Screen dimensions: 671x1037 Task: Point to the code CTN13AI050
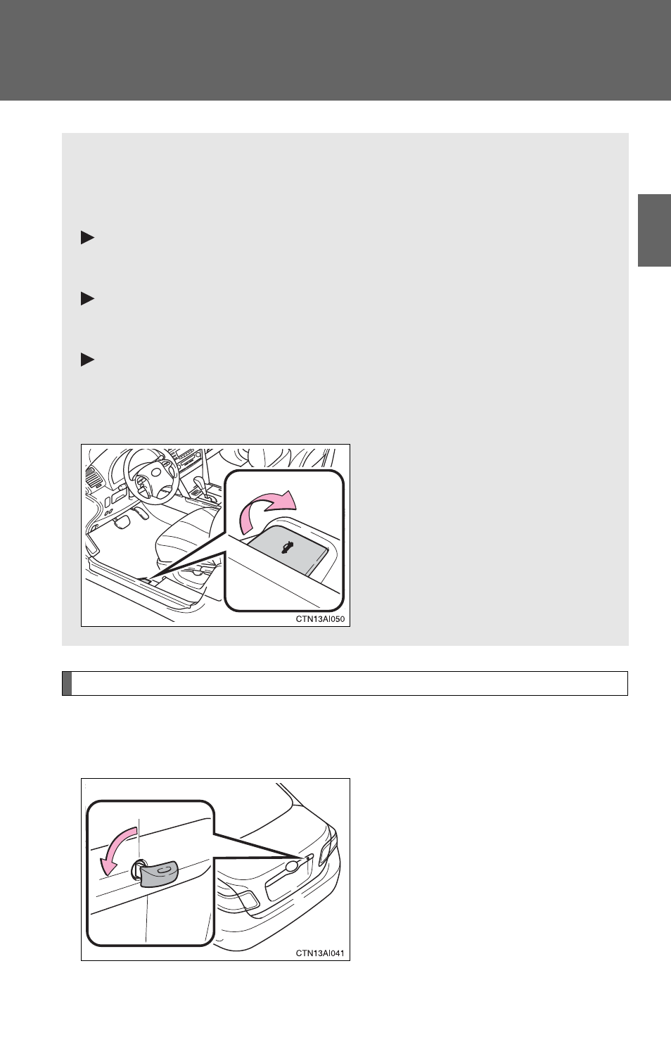(320, 619)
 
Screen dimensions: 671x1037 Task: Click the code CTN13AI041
(320, 953)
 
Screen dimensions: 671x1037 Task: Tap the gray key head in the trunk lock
(159, 874)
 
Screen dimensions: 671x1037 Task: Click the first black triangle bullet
(87, 238)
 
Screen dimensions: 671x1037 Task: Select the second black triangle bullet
(87, 298)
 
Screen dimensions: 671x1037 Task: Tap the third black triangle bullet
(87, 360)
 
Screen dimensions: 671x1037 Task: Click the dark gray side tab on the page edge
(654, 231)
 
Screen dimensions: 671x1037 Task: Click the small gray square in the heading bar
(67, 683)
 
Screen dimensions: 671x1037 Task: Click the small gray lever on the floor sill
(144, 580)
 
